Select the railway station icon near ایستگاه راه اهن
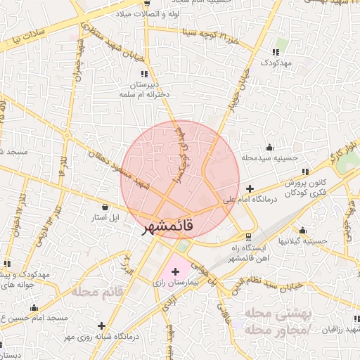(247, 237)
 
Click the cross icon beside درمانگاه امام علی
(251, 188)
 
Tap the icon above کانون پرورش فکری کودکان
(304, 172)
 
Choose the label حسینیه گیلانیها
(303, 241)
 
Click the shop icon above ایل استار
(105, 207)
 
